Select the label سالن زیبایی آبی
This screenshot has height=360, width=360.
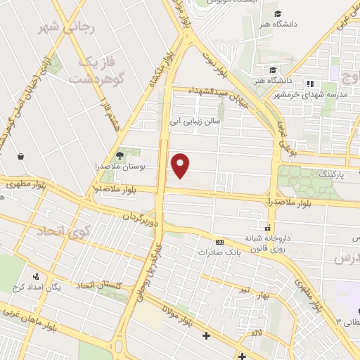(195, 121)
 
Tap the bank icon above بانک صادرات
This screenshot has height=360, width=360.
(219, 240)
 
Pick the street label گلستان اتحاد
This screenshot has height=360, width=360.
(100, 285)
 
